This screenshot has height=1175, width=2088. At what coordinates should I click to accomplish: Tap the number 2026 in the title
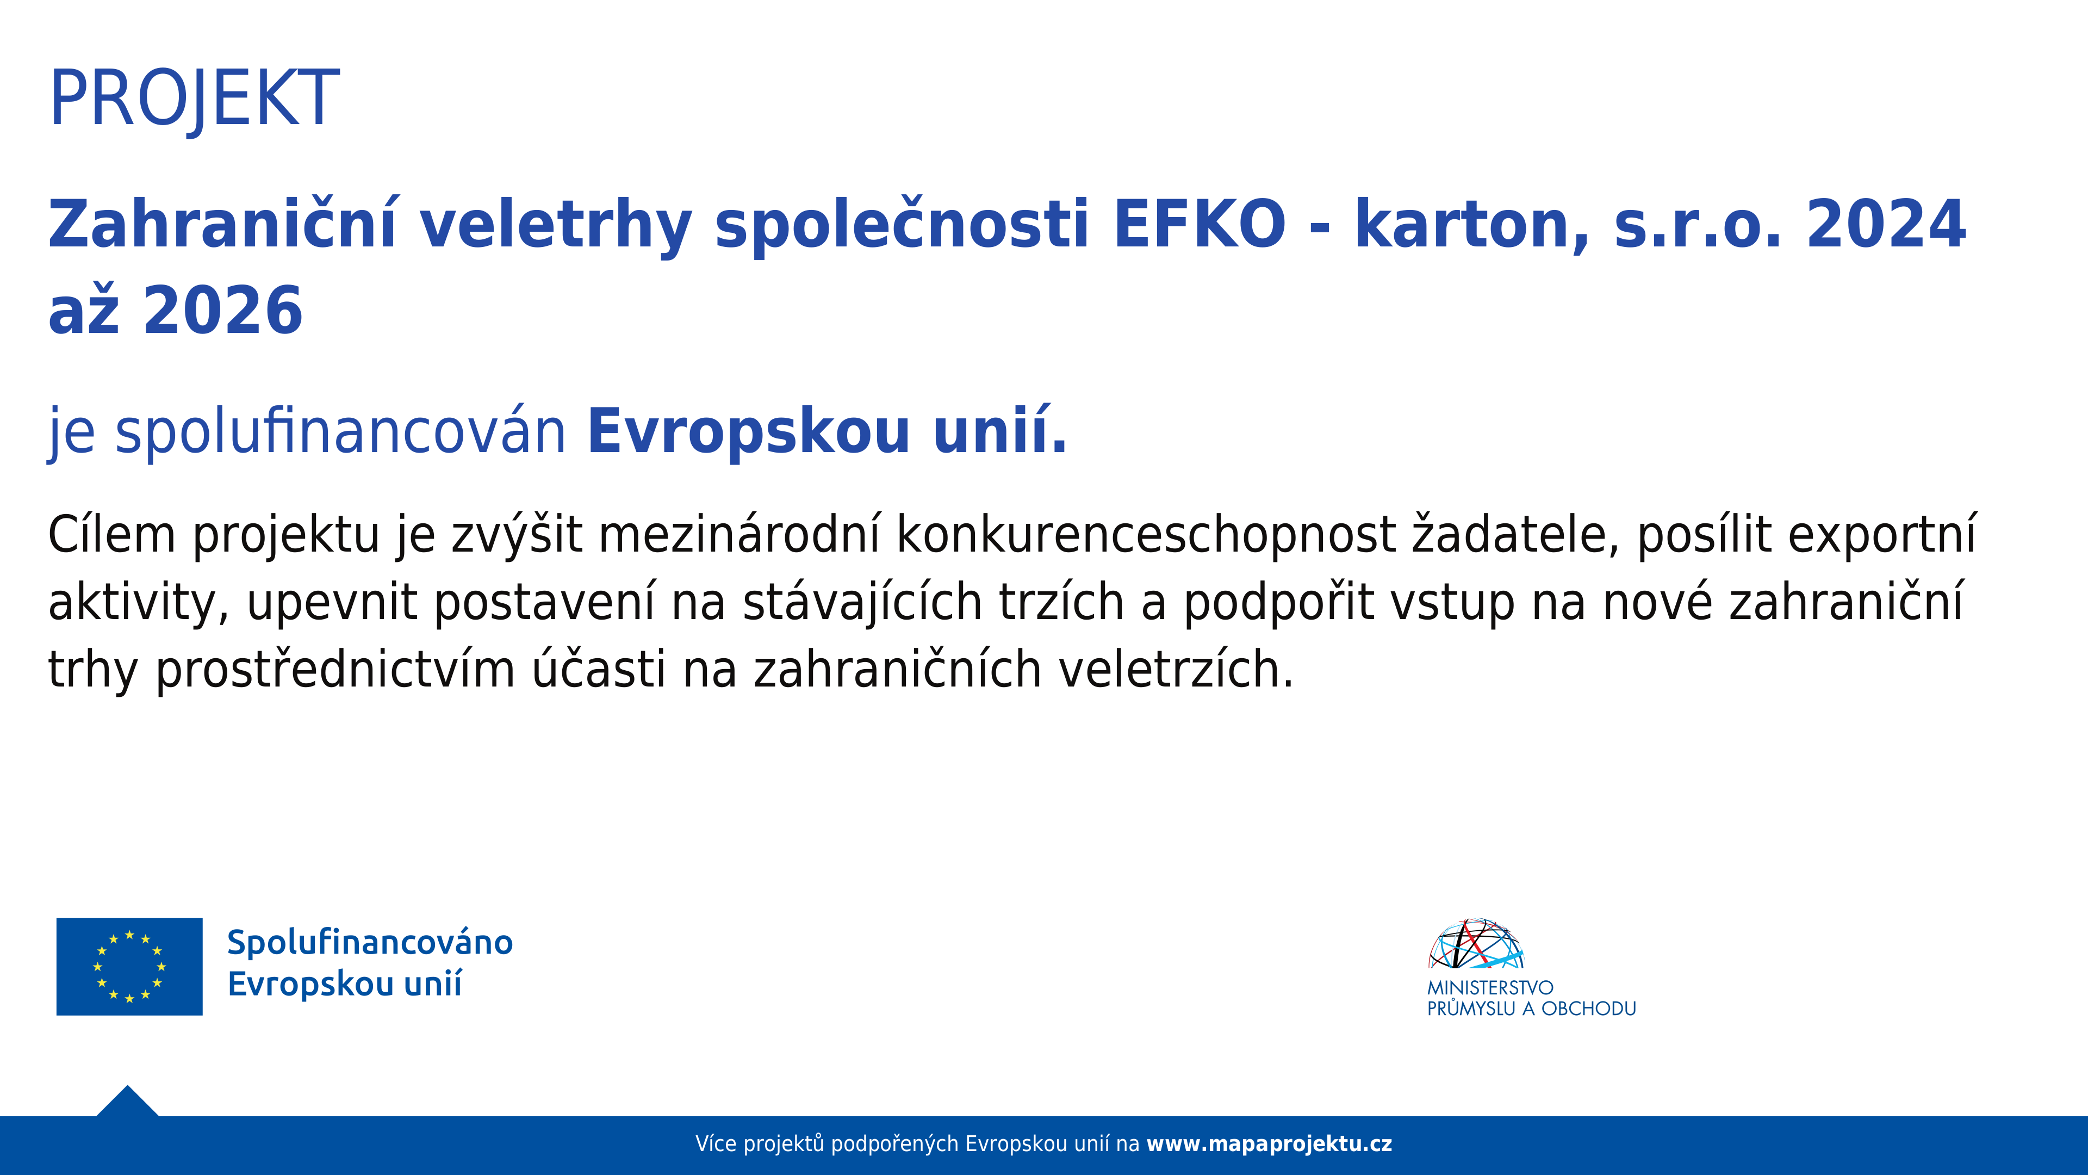(x=223, y=311)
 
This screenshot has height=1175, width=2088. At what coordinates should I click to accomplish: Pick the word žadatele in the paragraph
(x=1515, y=535)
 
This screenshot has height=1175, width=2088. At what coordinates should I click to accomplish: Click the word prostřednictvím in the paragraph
(x=335, y=671)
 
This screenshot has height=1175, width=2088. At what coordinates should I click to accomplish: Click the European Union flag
(x=130, y=967)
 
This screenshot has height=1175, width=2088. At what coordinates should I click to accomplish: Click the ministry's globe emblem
(x=1476, y=944)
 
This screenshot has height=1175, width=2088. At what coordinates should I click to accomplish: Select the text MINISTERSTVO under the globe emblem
(x=1490, y=988)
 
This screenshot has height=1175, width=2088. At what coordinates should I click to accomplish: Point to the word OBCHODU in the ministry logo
(x=1589, y=1009)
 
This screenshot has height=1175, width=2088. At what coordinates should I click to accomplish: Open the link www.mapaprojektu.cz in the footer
(x=1269, y=1144)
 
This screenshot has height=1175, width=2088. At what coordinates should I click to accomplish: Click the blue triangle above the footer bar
(x=127, y=1103)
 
